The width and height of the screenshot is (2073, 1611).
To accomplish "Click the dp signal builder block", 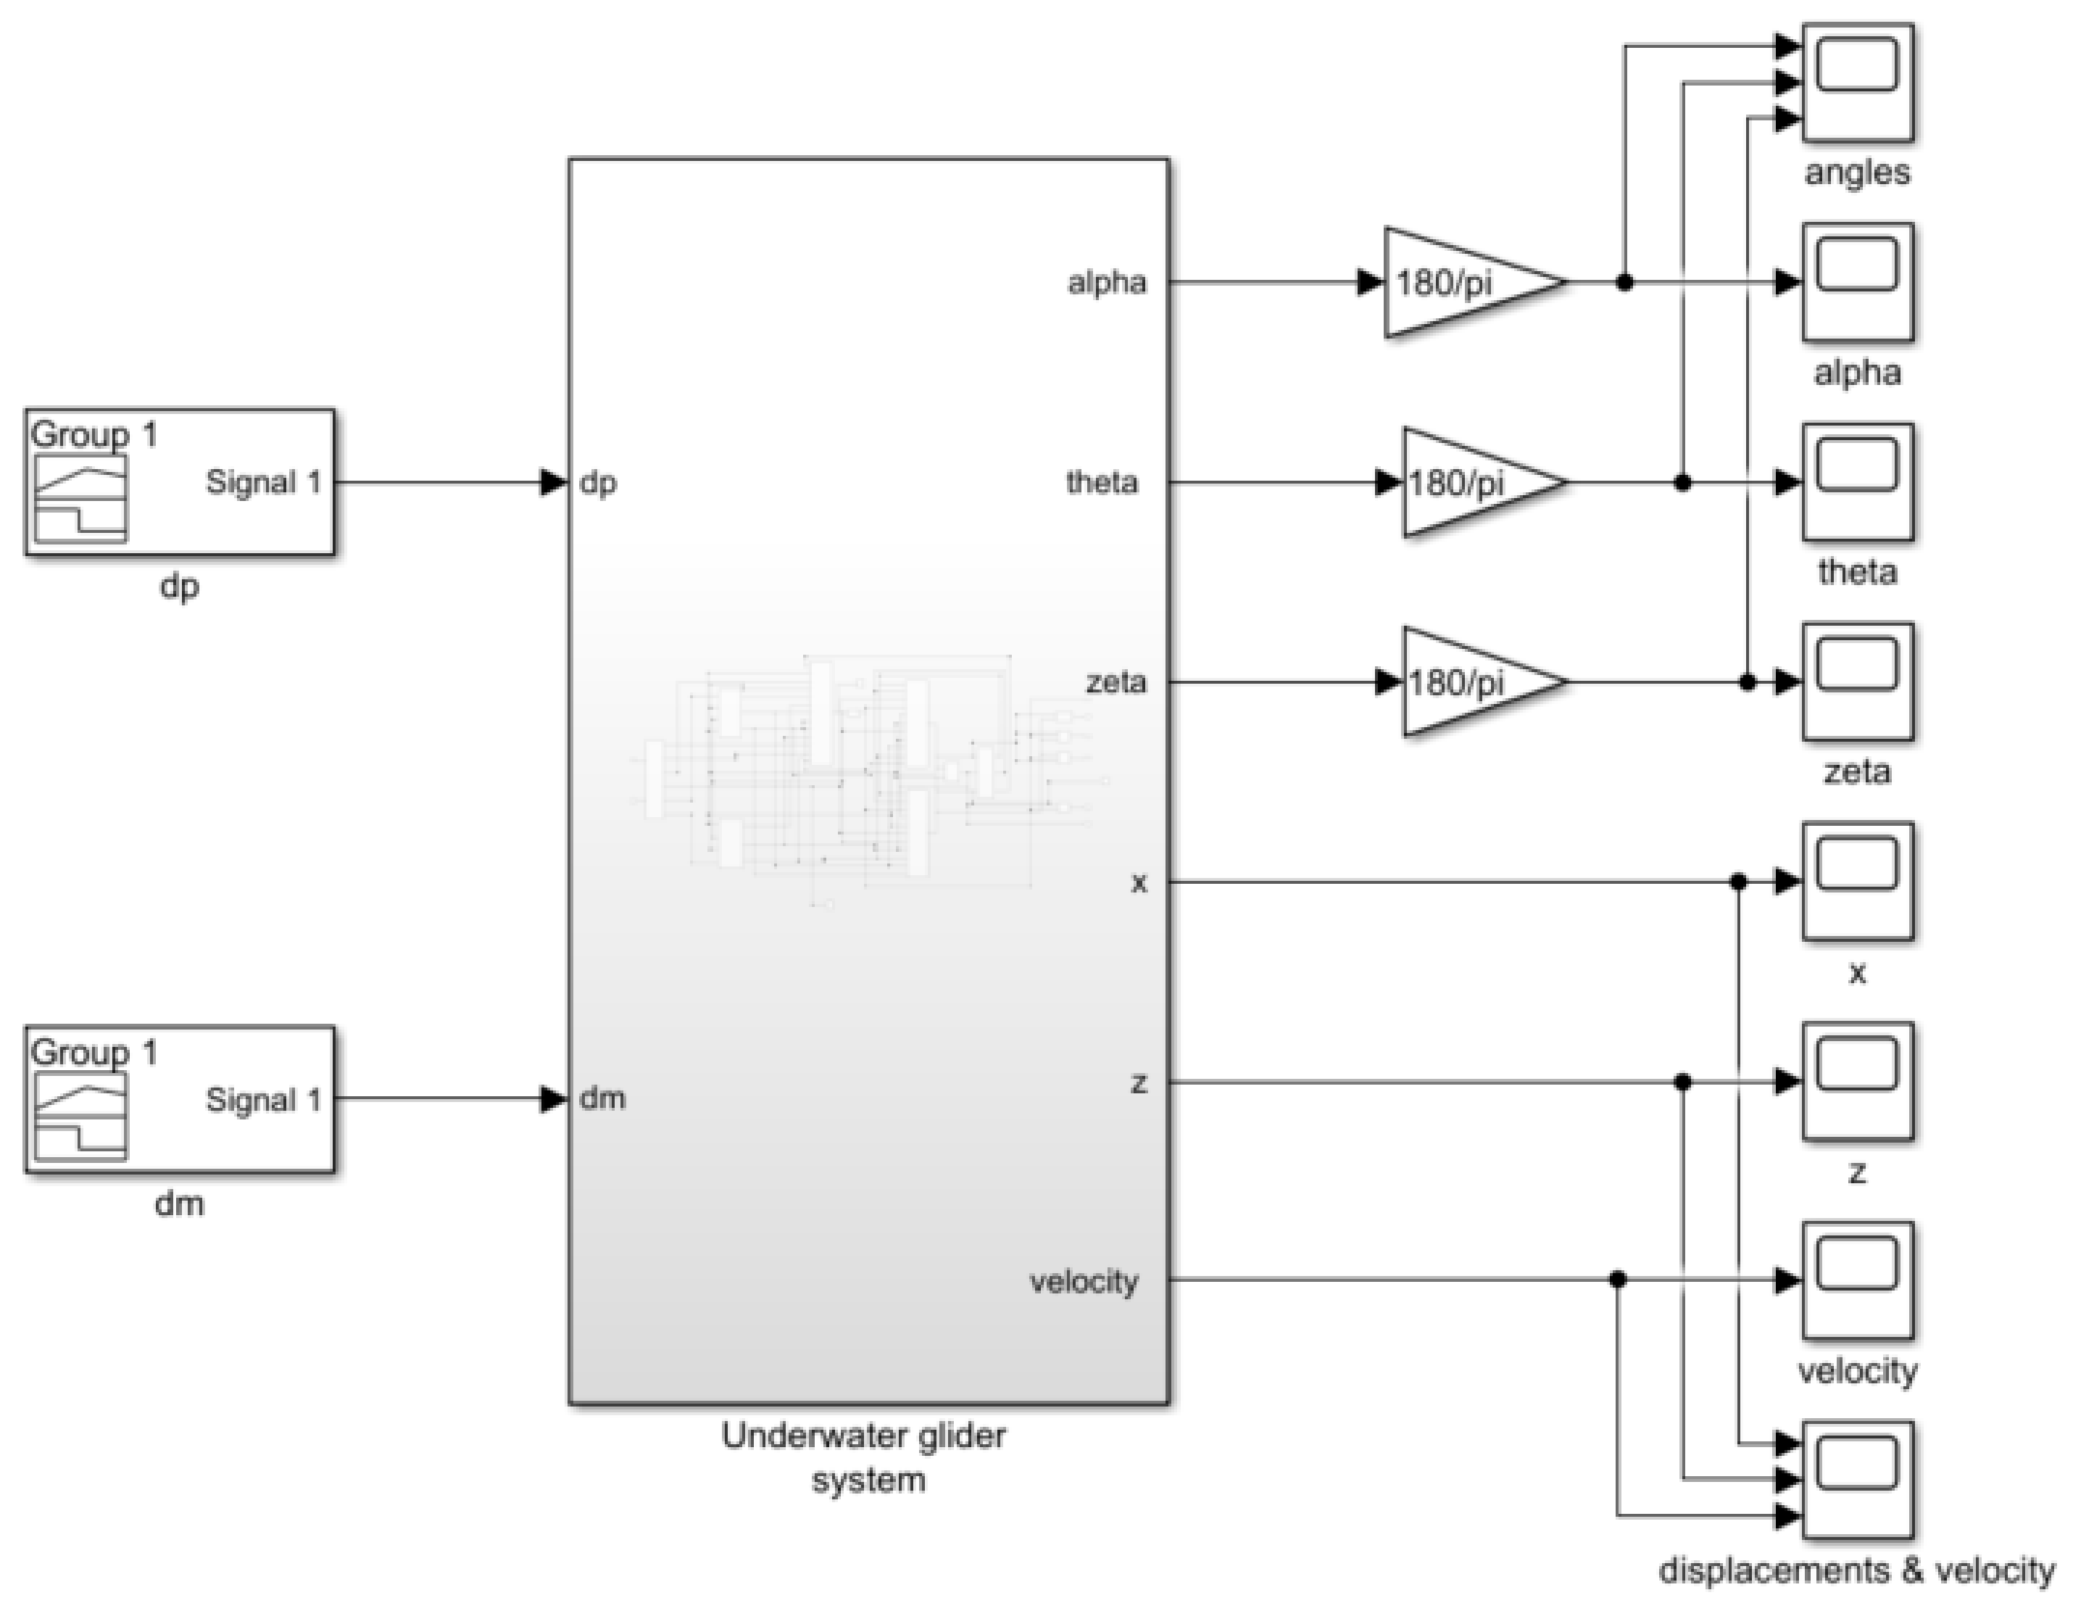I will (x=180, y=482).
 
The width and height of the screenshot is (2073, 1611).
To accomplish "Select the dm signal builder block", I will (x=180, y=1099).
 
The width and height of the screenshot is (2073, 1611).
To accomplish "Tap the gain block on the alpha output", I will (x=1466, y=282).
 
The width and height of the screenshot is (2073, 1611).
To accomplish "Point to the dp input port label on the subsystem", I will (x=598, y=483).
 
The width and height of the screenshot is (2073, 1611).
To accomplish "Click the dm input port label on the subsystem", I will (x=602, y=1099).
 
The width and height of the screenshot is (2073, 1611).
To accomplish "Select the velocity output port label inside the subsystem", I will (x=1083, y=1282).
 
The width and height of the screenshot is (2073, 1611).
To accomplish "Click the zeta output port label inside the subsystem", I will (x=1116, y=682).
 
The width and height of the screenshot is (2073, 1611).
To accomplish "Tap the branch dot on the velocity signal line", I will (x=1617, y=1280).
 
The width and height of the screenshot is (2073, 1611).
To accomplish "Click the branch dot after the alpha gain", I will (x=1624, y=282).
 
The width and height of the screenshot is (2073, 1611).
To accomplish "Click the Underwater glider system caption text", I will (x=865, y=1457).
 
